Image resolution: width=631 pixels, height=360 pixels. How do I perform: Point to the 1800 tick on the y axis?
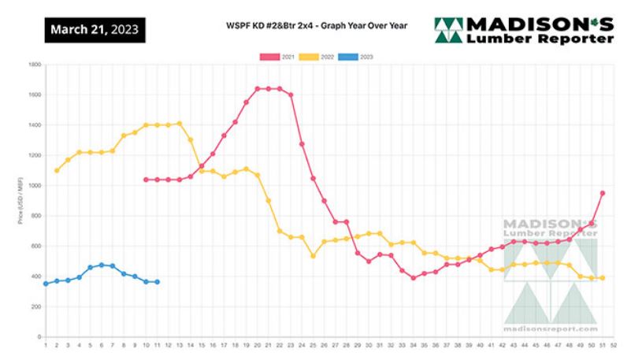click(34, 65)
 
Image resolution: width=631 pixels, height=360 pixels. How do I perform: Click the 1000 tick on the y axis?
click(34, 186)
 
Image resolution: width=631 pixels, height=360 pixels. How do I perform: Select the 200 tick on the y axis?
click(35, 307)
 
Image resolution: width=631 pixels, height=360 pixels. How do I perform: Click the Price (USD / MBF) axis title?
click(19, 201)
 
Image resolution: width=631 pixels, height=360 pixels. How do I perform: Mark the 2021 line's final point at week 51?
click(603, 193)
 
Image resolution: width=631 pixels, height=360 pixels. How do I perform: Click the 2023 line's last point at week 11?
click(157, 282)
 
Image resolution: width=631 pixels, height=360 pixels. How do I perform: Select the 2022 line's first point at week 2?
click(57, 171)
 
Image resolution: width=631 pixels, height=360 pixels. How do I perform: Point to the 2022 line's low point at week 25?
click(313, 256)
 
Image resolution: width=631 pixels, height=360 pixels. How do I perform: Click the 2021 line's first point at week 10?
click(146, 180)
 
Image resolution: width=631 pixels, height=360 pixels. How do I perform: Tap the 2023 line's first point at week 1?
click(46, 284)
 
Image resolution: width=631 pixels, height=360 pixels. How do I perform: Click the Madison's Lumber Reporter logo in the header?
click(523, 30)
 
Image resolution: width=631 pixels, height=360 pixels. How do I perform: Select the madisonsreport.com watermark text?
click(549, 328)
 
